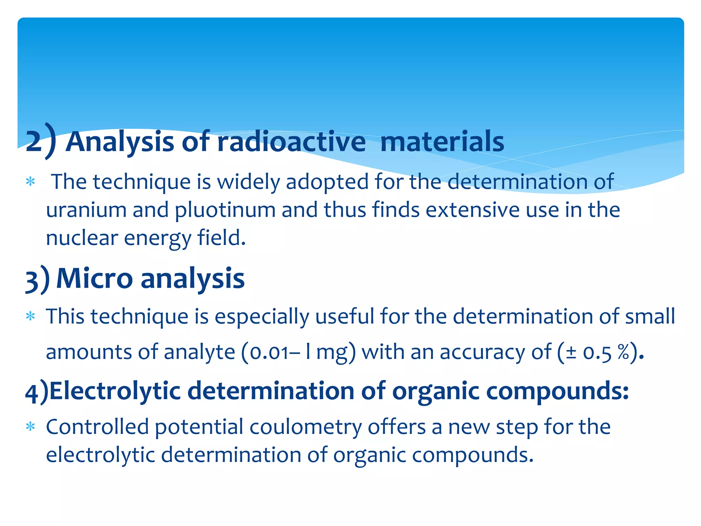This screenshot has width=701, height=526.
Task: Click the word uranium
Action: tap(86, 210)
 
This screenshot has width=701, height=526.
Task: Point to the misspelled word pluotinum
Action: tap(225, 210)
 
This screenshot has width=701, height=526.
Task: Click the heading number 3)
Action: tap(37, 279)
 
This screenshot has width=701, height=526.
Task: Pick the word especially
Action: tap(262, 316)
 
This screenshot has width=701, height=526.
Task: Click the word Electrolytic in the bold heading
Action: tap(115, 391)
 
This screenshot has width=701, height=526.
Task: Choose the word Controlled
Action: tap(97, 427)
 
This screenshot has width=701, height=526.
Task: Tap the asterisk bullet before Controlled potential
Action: tap(31, 427)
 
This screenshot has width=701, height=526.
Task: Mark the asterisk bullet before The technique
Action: tap(31, 181)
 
